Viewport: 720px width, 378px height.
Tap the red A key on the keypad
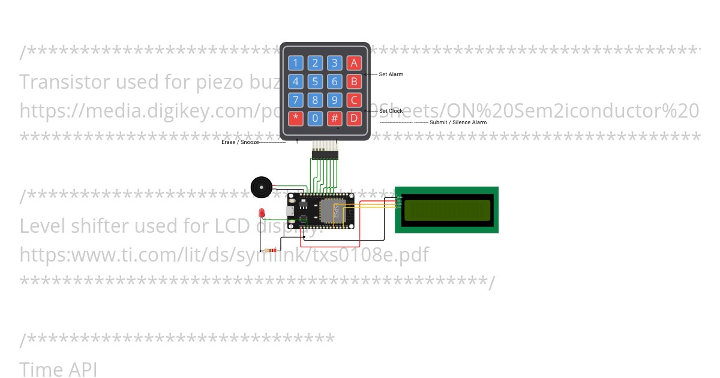[x=354, y=63]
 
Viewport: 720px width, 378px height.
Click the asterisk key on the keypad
[x=295, y=118]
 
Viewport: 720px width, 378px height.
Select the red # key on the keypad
[x=335, y=118]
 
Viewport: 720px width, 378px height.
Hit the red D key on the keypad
[x=354, y=118]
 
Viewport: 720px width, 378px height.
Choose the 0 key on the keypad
[x=315, y=118]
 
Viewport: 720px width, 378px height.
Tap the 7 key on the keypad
[x=295, y=100]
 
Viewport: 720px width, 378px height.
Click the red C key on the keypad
[x=354, y=100]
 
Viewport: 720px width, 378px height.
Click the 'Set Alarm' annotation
[x=391, y=74]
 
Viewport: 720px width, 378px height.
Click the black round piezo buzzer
[x=261, y=187]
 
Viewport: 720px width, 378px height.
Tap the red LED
[x=262, y=213]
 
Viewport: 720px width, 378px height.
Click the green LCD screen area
[x=447, y=210]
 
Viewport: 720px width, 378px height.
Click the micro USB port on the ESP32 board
[x=289, y=211]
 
